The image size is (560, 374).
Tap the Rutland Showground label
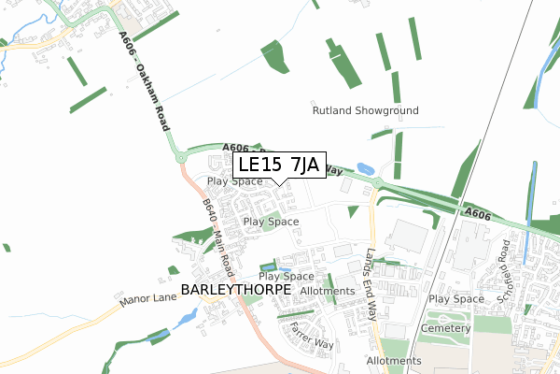(x=365, y=110)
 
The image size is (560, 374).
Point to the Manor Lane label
(x=147, y=301)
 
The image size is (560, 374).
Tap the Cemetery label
(x=442, y=328)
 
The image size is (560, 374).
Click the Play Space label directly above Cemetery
(x=456, y=299)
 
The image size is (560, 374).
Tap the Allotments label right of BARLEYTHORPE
(x=328, y=292)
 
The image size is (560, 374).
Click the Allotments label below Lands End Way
(x=394, y=361)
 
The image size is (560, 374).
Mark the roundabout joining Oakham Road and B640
(x=180, y=158)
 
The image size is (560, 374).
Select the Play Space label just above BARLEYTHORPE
(x=286, y=277)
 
